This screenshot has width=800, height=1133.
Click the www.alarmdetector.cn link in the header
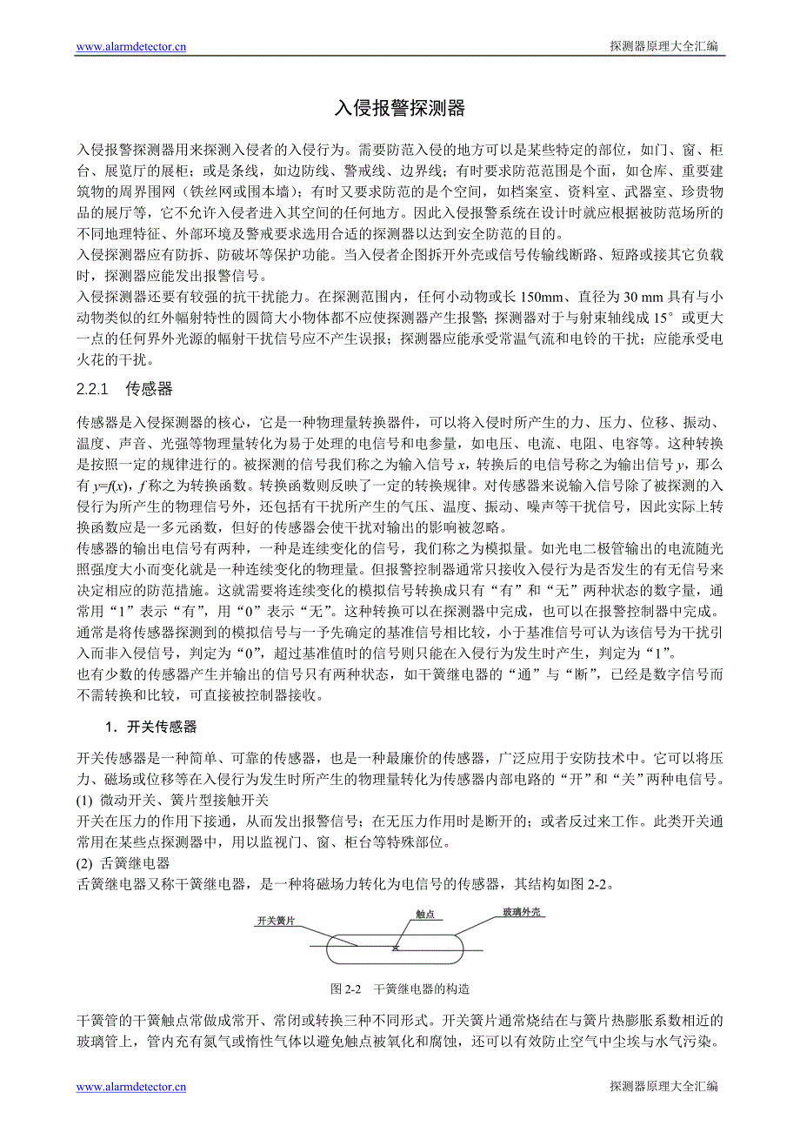click(130, 47)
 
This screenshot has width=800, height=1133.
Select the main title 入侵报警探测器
click(400, 108)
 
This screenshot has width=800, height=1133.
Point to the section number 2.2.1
click(91, 389)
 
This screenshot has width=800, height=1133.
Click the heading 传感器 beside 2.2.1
click(150, 389)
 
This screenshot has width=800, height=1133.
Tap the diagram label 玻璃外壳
click(522, 912)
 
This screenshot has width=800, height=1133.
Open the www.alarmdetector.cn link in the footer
click(130, 1086)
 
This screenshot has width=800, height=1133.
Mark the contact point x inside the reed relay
click(396, 948)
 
